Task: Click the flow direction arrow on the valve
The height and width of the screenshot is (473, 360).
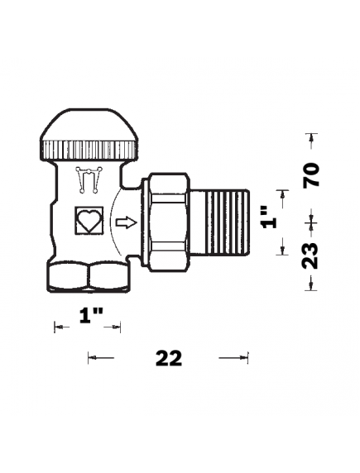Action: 125,222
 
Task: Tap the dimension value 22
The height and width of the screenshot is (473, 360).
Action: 168,358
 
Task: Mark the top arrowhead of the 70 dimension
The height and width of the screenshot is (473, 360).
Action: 311,137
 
